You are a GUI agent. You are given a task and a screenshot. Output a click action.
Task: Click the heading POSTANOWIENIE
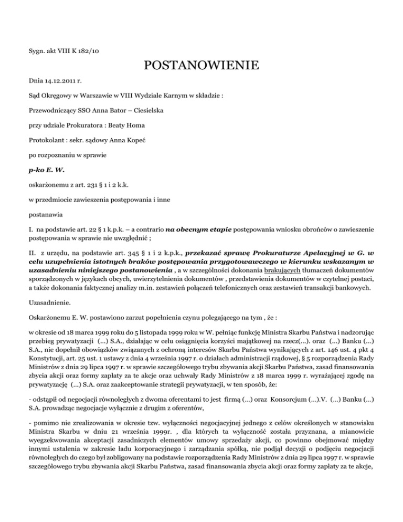coord(201,66)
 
